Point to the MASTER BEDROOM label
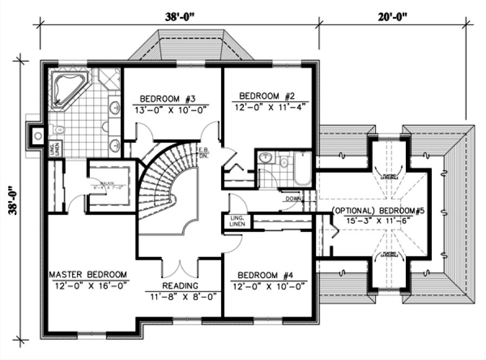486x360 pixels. (88, 274)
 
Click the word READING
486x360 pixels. (180, 285)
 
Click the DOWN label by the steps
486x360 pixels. (293, 199)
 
